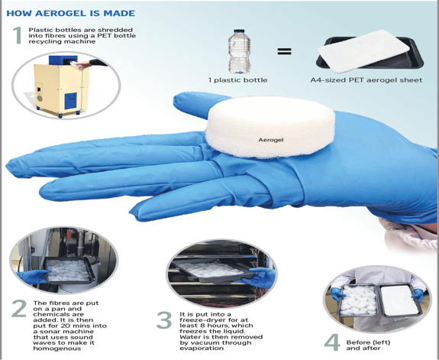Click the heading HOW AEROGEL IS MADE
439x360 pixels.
tap(70, 13)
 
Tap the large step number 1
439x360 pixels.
tap(18, 35)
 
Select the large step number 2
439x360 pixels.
tap(19, 309)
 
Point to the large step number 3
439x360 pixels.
tap(164, 320)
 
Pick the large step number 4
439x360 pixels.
tap(332, 342)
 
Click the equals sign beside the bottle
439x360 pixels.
tap(284, 51)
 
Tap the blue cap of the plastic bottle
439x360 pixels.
tap(239, 31)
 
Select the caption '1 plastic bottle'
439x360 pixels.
tap(237, 80)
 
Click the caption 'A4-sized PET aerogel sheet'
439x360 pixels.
tap(366, 80)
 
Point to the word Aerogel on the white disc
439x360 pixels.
tap(271, 140)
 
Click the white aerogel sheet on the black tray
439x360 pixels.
tap(363, 50)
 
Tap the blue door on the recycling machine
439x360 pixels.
tap(70, 101)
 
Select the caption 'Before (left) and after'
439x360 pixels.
tap(368, 345)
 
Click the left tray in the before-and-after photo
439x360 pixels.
tap(358, 300)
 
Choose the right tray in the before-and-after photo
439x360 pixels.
tap(399, 300)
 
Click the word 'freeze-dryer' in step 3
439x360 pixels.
tap(199, 320)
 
